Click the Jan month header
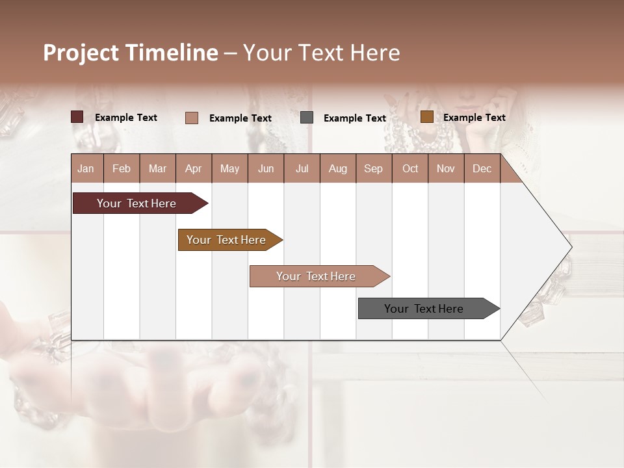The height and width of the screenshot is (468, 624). [x=86, y=168]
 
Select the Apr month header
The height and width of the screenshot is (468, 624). [x=194, y=168]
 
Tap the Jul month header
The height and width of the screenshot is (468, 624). [x=302, y=168]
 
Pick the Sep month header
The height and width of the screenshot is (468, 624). [x=373, y=168]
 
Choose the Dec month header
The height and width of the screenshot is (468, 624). [x=482, y=168]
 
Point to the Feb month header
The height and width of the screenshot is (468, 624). [x=122, y=168]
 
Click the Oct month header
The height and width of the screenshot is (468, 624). [x=410, y=168]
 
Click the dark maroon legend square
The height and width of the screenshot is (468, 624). [x=77, y=117]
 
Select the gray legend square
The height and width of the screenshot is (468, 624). [x=307, y=118]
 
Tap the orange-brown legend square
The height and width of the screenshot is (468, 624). [x=426, y=117]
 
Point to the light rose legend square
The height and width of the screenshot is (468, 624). [x=192, y=118]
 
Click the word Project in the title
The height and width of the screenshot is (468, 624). [x=81, y=53]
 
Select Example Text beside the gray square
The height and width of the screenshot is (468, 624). [x=354, y=118]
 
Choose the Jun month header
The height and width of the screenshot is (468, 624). [x=265, y=168]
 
